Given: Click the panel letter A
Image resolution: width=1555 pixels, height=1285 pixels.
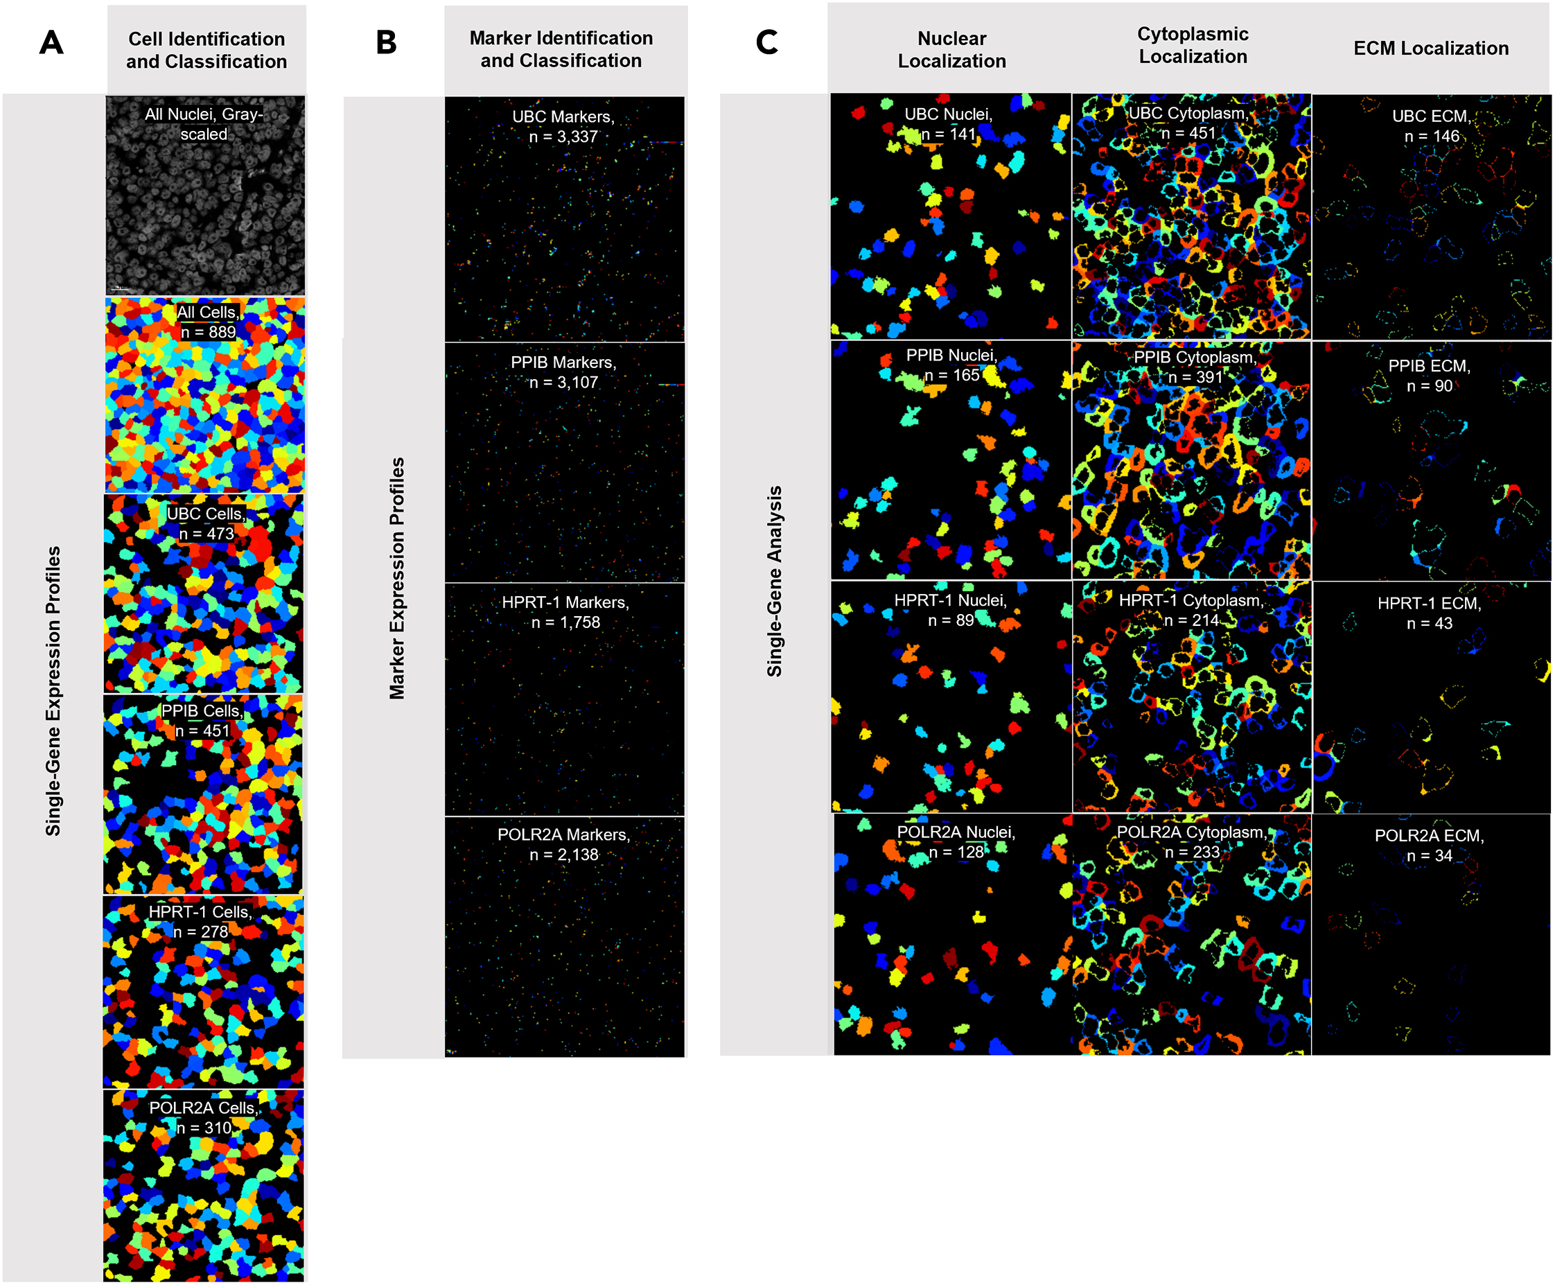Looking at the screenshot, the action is (51, 43).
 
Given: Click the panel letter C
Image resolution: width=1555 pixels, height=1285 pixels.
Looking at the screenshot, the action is (767, 42).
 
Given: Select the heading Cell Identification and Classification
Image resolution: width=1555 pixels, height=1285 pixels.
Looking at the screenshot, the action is (207, 50).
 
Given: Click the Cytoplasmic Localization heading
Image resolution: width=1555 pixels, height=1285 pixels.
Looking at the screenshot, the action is (1192, 45).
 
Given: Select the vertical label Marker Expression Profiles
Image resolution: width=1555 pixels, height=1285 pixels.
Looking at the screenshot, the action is (398, 577).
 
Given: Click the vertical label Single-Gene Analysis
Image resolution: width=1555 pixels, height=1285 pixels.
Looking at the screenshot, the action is (774, 580).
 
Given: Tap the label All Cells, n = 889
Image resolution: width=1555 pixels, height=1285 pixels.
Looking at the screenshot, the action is (208, 322).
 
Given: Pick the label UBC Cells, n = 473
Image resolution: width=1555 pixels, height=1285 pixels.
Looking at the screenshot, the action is (206, 523).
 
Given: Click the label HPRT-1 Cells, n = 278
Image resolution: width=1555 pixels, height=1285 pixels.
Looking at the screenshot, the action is (200, 921).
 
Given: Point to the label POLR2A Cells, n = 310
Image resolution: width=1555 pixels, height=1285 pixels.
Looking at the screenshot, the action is (204, 1117).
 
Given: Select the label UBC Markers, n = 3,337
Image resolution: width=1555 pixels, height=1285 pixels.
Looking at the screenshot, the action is (563, 127).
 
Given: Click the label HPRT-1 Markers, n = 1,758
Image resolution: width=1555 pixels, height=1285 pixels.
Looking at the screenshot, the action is (565, 612).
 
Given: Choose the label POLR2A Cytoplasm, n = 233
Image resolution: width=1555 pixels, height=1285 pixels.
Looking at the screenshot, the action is (1192, 841).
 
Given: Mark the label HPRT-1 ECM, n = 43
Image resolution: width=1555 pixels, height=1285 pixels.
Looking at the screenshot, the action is (1428, 613).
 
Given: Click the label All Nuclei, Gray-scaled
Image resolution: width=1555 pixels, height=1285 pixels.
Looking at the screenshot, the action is (204, 123).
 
